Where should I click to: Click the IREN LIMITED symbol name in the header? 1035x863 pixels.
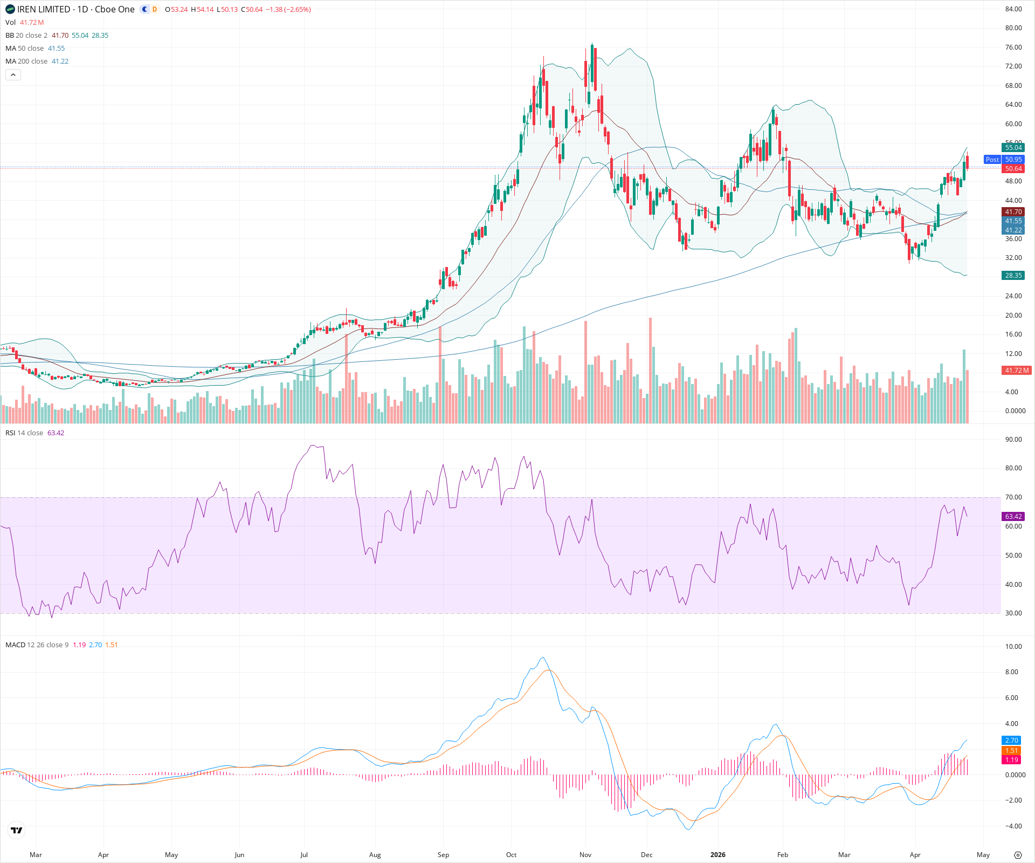(44, 9)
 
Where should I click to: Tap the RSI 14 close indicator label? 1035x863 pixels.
(24, 433)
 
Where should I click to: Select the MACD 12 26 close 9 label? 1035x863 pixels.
(37, 645)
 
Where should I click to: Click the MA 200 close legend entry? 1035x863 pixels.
(26, 61)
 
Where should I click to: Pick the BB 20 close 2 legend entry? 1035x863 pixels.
(26, 36)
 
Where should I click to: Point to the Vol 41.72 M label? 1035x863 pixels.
(24, 23)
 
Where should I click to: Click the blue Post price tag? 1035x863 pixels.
(992, 160)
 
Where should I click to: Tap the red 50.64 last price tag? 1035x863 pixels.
(1013, 169)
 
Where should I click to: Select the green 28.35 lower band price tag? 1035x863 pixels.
(1013, 276)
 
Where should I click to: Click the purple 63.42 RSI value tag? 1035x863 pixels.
(1013, 517)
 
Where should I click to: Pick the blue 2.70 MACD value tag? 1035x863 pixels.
(1011, 741)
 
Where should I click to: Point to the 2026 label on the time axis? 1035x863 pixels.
(717, 855)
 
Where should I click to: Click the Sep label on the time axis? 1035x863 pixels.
(443, 855)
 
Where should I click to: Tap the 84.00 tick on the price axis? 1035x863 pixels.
(1013, 9)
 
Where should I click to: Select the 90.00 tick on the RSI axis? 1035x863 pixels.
(1013, 440)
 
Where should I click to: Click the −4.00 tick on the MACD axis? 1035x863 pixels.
(1012, 826)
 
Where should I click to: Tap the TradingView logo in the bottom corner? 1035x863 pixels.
(17, 831)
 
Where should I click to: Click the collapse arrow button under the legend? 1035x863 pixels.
(13, 75)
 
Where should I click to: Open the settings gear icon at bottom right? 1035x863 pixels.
(1018, 855)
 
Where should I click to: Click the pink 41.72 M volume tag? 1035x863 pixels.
(1016, 371)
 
